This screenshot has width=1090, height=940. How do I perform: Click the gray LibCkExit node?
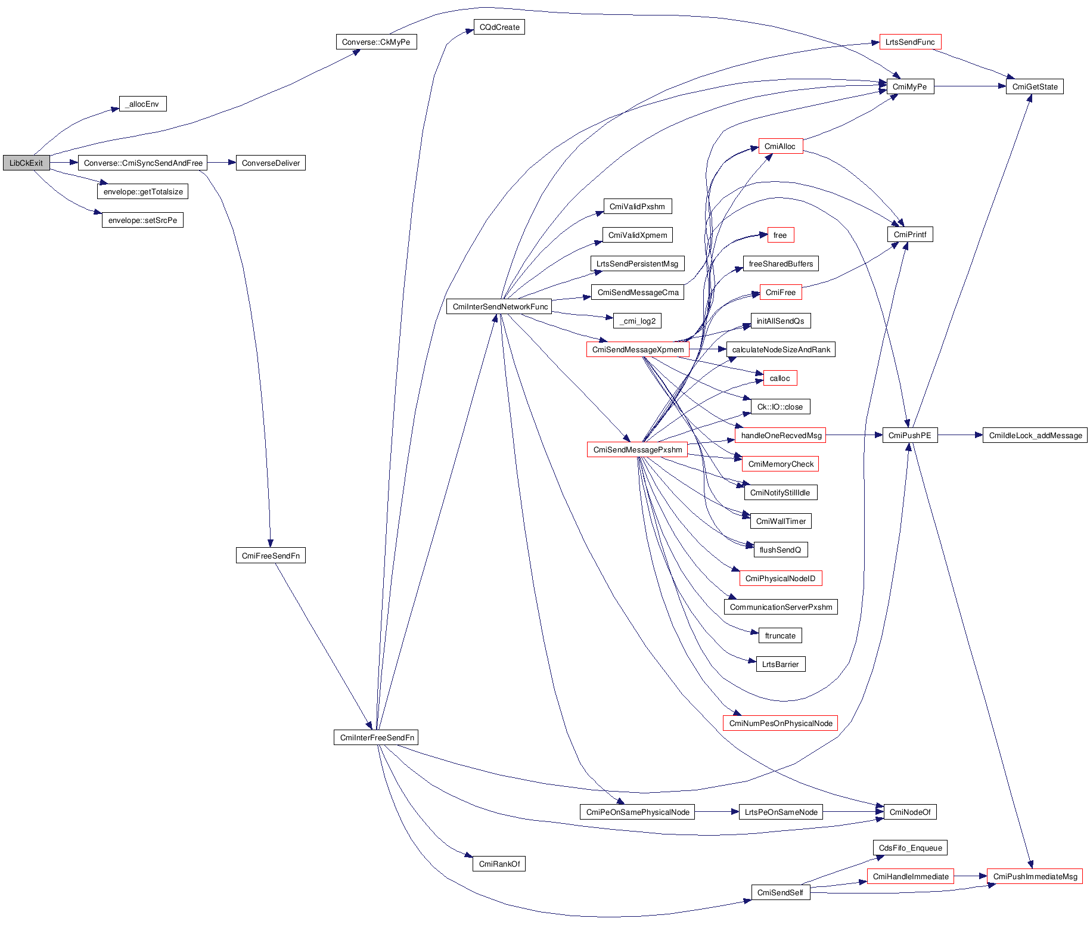coord(26,163)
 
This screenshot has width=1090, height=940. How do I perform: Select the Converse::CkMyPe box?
coord(376,42)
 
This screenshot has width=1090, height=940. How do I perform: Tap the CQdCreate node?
coord(499,27)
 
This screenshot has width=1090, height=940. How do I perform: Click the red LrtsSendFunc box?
coord(910,42)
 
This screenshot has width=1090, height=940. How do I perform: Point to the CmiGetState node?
coord(1035,87)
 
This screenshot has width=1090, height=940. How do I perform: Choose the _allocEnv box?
coord(142,104)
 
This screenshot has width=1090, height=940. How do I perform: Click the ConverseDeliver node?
coord(271,163)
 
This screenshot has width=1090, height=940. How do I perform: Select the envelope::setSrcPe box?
coord(142,221)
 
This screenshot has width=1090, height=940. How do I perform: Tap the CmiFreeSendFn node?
coord(271,556)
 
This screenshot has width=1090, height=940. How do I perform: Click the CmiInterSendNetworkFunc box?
coord(499,307)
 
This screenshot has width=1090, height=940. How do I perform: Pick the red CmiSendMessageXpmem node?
coord(638,350)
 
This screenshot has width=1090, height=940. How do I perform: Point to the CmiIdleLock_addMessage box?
coord(1035,436)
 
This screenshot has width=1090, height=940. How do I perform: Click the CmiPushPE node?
coord(909,436)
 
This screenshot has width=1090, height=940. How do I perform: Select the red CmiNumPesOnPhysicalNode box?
coord(781,724)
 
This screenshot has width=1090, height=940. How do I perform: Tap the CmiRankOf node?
coord(499,864)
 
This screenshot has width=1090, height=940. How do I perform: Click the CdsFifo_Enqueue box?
coord(910,848)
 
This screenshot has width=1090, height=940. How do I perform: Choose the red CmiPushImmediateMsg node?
coord(1035,877)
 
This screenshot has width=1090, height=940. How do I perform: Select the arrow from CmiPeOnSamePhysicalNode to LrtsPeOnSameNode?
coord(716,812)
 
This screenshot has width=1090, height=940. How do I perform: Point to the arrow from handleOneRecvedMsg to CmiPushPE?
coord(854,435)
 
